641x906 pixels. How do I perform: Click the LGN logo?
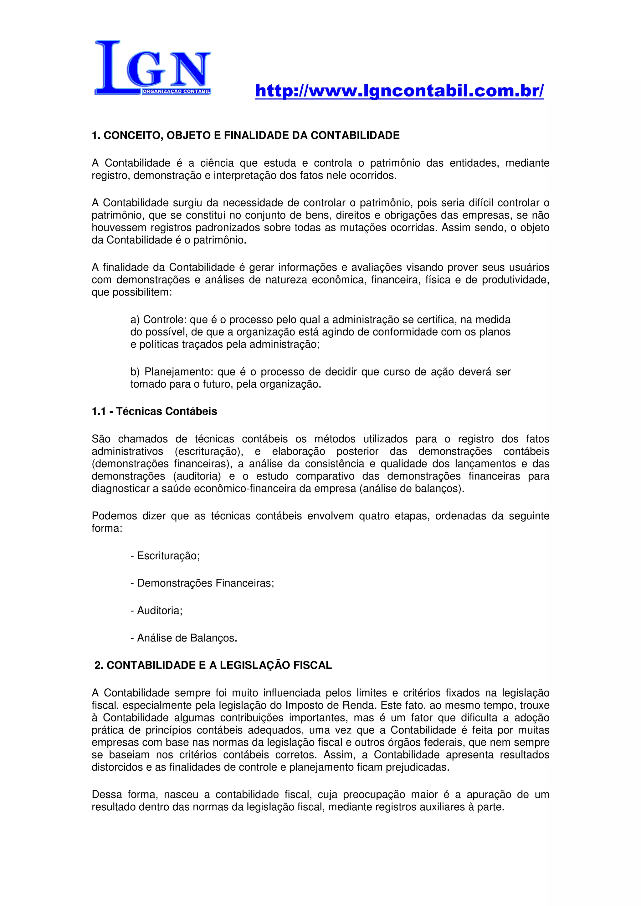pyautogui.click(x=152, y=68)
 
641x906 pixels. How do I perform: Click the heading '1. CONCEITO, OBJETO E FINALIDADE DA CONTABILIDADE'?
pyautogui.click(x=245, y=136)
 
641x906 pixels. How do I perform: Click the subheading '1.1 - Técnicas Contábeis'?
pyautogui.click(x=154, y=411)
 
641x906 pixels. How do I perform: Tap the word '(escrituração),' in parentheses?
pyautogui.click(x=209, y=451)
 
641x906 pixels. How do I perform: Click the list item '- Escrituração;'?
pyautogui.click(x=165, y=556)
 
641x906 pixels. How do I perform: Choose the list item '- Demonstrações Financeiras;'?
pyautogui.click(x=202, y=583)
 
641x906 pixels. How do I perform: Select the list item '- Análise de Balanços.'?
pyautogui.click(x=184, y=638)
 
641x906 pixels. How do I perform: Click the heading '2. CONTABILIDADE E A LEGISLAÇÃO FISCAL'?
pyautogui.click(x=213, y=666)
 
